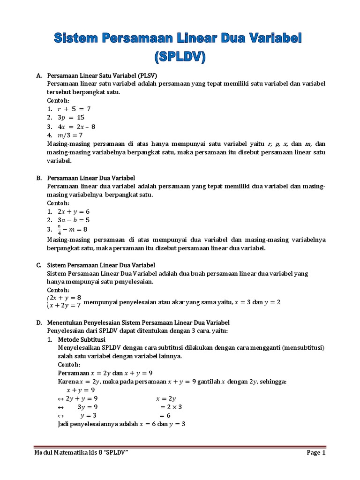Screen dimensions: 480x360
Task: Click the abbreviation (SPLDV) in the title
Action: pyautogui.click(x=180, y=57)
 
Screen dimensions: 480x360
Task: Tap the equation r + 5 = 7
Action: pyautogui.click(x=74, y=109)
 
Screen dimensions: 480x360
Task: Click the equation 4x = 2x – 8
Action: pyautogui.click(x=76, y=127)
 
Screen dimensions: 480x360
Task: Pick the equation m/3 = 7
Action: pyautogui.click(x=70, y=135)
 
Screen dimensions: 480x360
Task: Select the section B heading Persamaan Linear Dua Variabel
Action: pyautogui.click(x=91, y=178)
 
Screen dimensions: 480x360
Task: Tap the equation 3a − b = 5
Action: pyautogui.click(x=74, y=220)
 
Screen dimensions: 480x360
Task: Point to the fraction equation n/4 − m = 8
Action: pyautogui.click(x=73, y=229)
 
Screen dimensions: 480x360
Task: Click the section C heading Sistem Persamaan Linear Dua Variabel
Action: pyautogui.click(x=101, y=265)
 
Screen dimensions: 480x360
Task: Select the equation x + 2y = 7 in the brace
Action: pyautogui.click(x=65, y=306)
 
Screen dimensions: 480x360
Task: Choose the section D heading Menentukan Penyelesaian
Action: pyautogui.click(x=138, y=322)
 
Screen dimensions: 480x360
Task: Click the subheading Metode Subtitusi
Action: pyautogui.click(x=82, y=339)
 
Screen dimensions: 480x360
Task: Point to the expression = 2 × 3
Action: pyautogui.click(x=171, y=407)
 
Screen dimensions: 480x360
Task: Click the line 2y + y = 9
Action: pyautogui.click(x=82, y=398)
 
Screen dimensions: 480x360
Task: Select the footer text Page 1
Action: pyautogui.click(x=316, y=453)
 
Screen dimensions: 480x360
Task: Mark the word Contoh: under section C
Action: pyautogui.click(x=58, y=290)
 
